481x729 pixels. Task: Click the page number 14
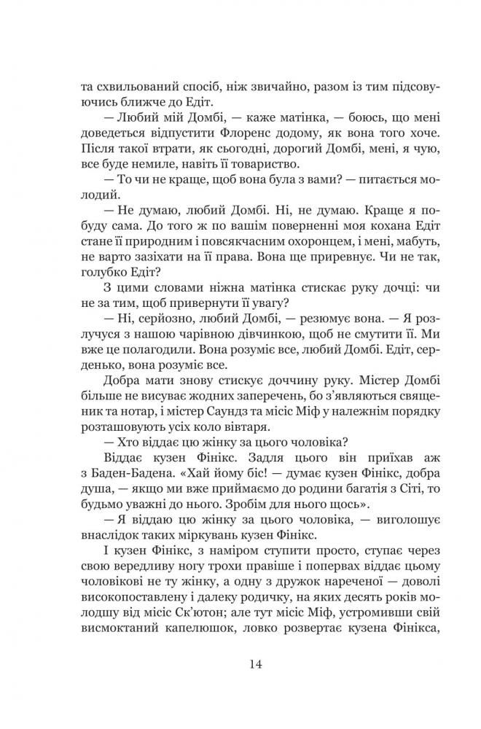pos(240,664)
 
